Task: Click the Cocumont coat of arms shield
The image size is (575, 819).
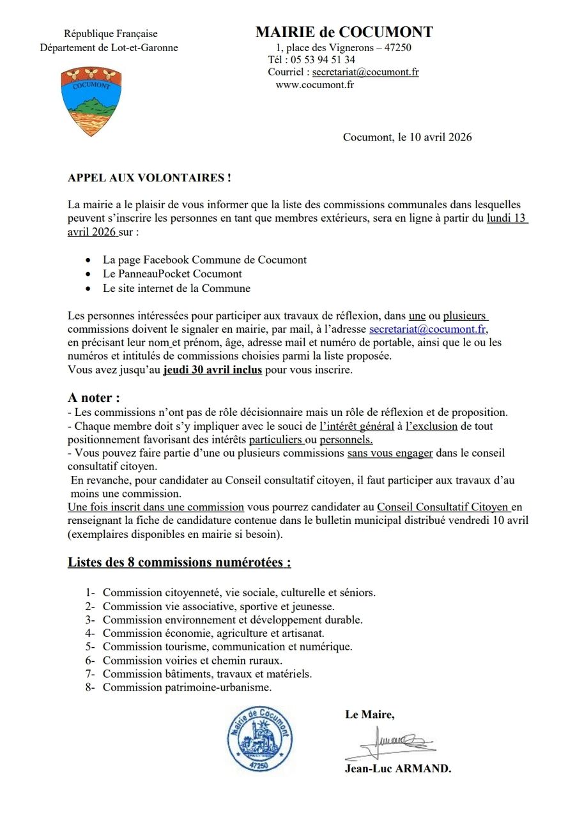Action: coord(91,102)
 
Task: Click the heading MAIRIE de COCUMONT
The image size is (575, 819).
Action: coord(344,32)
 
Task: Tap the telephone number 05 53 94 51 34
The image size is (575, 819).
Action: coord(322,60)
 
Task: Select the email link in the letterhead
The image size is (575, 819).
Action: coord(365,72)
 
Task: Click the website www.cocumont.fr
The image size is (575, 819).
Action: coord(314,84)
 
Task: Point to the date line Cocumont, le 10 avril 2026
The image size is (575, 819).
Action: coord(407,137)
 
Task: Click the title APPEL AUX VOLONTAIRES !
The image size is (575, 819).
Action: coord(149,178)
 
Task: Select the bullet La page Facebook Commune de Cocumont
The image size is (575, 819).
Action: coord(204,260)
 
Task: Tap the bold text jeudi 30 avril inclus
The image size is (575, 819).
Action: coord(213,370)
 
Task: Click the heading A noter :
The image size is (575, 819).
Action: coord(94,398)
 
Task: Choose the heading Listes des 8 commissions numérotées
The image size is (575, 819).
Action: coord(180,563)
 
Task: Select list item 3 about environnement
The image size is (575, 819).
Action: coord(233,620)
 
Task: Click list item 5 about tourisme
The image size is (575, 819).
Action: coord(227,647)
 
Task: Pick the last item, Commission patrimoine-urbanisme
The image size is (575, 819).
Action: coord(187,687)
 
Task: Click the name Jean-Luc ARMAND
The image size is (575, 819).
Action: coord(398,769)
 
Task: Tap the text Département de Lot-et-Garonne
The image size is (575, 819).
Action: coord(109,48)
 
